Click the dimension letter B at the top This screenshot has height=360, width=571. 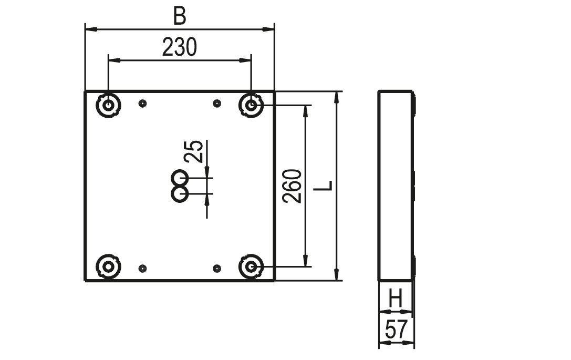coord(180,16)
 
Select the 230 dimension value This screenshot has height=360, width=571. coord(180,47)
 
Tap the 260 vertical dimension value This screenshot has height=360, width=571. coord(293,186)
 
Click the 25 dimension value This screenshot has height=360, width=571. coord(193,151)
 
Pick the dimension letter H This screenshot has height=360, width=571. coord(396,299)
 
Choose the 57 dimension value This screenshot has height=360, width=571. coord(396,329)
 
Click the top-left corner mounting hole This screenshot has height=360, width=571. coord(109,105)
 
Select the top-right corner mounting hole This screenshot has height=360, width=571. coord(251,105)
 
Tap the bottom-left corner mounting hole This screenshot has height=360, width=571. coord(108,266)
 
